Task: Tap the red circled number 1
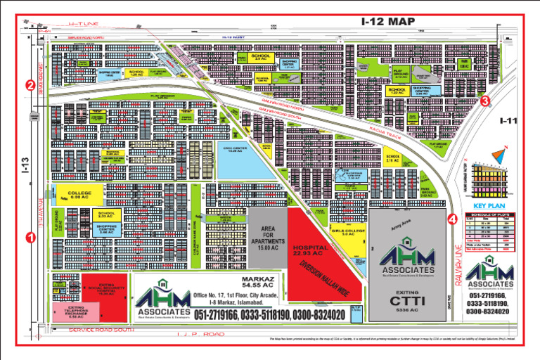coord(30,238)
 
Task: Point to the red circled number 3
coord(485,101)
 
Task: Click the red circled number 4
coord(452,218)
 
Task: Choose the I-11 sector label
coord(508,122)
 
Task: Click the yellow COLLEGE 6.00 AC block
coord(75,195)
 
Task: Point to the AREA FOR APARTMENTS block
coord(267,239)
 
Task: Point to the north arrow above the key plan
coord(502,151)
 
